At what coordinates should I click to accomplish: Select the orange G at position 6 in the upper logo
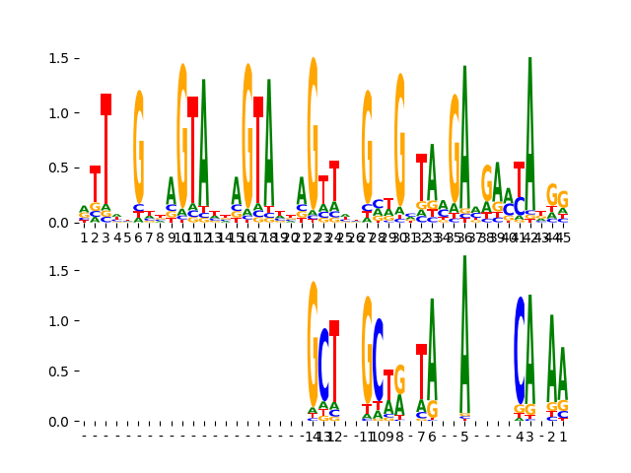point(139,148)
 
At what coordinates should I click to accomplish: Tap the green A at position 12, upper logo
point(204,143)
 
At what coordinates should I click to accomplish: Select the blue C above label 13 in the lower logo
point(323,365)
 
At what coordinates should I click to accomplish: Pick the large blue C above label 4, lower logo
point(519,350)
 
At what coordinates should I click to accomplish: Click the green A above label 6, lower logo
point(432,345)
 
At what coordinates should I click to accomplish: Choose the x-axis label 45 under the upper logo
point(562,237)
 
